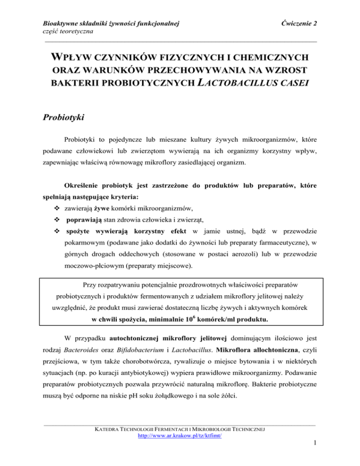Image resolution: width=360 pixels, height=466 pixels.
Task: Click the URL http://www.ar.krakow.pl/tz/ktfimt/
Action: (x=179, y=448)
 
